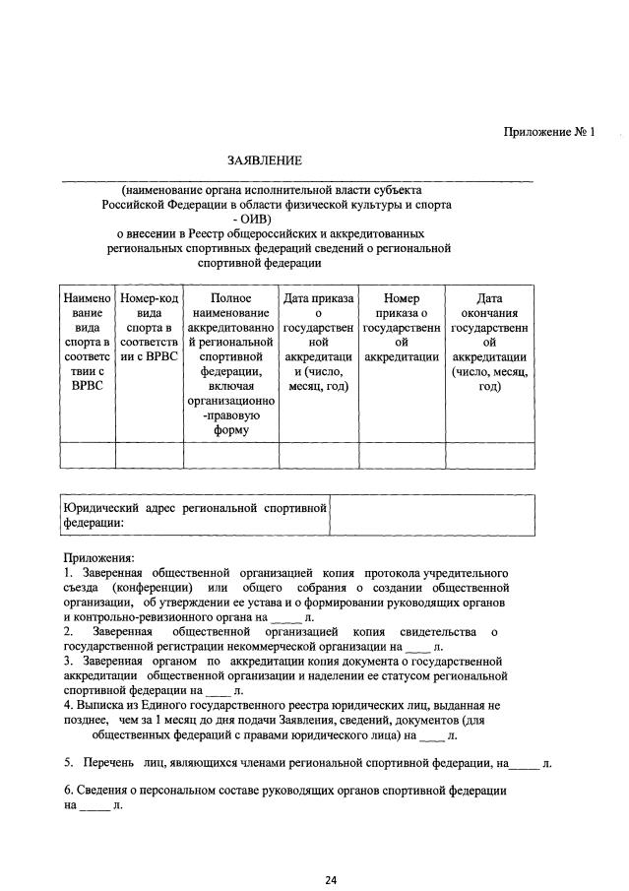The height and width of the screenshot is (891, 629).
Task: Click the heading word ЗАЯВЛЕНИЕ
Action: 265,159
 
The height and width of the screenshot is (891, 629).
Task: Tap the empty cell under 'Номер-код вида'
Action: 149,455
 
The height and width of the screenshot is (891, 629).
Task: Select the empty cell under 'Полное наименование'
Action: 230,455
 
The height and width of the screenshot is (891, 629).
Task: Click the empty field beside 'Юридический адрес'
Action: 431,515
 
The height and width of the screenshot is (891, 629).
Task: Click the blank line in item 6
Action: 94,806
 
